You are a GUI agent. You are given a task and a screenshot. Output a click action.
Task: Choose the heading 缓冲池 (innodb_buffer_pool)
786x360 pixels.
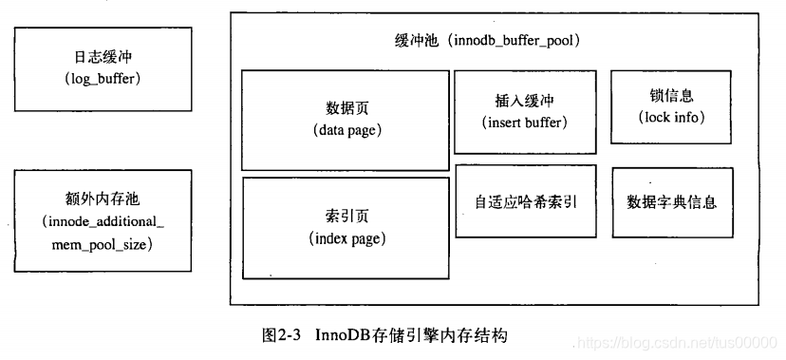487,41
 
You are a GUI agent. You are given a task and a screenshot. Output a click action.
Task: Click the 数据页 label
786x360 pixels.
346,107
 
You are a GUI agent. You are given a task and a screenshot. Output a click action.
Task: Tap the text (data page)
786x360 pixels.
346,130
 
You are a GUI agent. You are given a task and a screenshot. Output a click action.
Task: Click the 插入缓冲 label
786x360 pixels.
524,102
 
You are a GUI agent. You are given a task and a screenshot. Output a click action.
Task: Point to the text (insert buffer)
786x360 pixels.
524,123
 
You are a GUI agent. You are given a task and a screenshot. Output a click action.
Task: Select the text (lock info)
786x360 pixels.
671,117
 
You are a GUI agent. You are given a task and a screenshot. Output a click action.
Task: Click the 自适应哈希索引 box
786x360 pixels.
526,201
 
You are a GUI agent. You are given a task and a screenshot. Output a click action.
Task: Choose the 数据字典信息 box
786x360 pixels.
672,201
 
